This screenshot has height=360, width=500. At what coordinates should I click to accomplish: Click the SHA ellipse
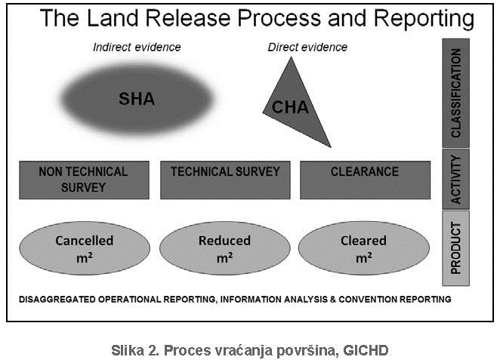[136, 98]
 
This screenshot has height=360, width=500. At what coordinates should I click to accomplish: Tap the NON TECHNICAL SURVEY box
[83, 180]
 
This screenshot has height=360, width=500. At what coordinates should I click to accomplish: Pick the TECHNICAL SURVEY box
[225, 180]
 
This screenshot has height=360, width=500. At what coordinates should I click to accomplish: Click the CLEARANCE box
[365, 180]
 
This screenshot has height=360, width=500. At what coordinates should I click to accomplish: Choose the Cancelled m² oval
[84, 248]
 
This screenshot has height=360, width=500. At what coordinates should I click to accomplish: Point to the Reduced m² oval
[224, 248]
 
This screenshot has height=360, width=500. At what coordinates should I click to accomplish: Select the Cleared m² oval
[364, 248]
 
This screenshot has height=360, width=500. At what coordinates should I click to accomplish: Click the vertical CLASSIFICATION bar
[455, 92]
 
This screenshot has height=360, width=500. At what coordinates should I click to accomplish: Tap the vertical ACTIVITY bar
[455, 179]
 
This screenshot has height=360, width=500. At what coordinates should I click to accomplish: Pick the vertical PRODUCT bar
[455, 248]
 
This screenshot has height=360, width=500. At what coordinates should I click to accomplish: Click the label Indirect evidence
[137, 47]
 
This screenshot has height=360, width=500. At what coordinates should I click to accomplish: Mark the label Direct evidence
[307, 47]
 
